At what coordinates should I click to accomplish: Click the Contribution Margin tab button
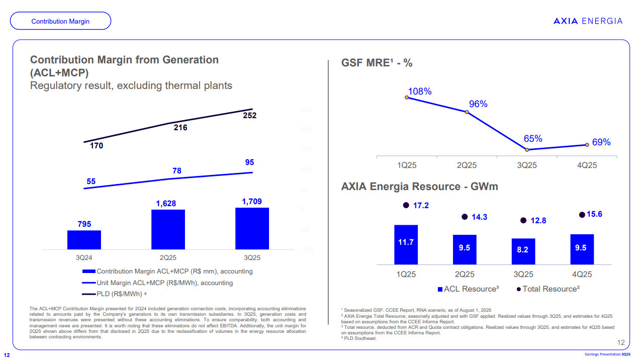[60, 21]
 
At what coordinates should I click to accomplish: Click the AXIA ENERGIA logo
[588, 21]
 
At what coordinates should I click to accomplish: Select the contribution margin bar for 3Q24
[84, 240]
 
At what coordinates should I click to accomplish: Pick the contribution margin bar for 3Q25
[252, 228]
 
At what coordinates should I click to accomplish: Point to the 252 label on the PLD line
[250, 116]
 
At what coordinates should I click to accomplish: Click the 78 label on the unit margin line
[177, 171]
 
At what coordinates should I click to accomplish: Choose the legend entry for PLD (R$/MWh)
[115, 294]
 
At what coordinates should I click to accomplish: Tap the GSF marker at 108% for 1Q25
[407, 98]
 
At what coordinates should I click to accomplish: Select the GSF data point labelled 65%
[527, 149]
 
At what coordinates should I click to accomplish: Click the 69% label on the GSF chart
[601, 142]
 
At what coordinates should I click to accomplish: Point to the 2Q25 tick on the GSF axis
[467, 165]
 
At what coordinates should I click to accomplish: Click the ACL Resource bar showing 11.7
[406, 244]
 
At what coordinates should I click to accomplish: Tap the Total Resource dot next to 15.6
[582, 215]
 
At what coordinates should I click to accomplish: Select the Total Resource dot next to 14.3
[465, 217]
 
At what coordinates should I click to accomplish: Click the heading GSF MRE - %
[377, 63]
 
